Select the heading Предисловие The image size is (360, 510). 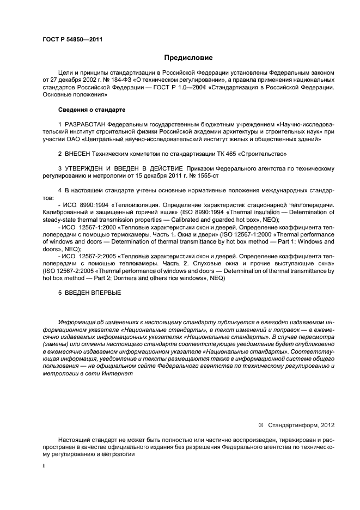click(188, 57)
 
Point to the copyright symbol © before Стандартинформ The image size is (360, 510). click(260, 424)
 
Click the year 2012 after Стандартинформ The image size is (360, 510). click(325, 424)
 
